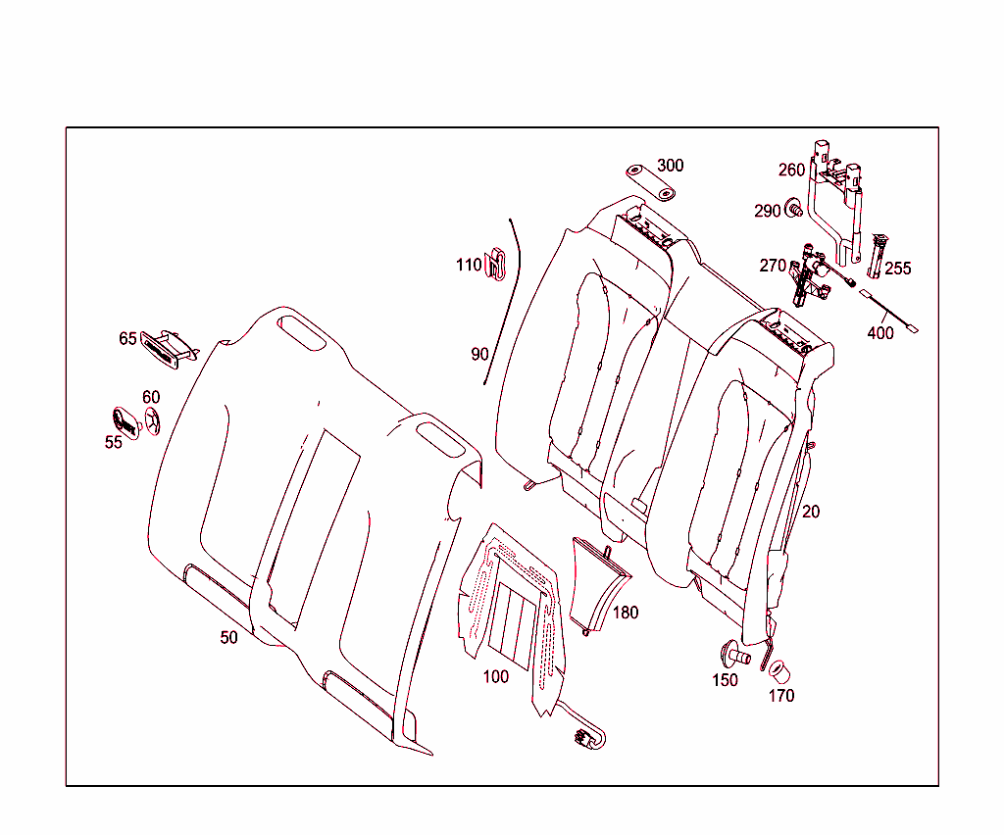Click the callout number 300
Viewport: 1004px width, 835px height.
(x=671, y=166)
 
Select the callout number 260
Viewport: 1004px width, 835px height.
(x=791, y=171)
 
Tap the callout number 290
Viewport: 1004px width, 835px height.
(x=768, y=212)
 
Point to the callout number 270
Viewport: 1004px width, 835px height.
(x=773, y=266)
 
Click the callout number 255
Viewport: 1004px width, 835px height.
(x=897, y=269)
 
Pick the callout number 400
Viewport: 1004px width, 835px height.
(x=880, y=333)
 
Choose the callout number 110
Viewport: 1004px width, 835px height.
(x=469, y=266)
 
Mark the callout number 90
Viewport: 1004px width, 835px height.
(x=479, y=355)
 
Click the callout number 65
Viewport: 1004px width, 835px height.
(x=128, y=339)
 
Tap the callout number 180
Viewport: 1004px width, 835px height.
(x=626, y=614)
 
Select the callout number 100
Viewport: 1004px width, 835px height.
(x=496, y=677)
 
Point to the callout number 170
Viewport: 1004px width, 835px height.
(x=781, y=696)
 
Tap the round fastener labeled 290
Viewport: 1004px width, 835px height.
(x=795, y=208)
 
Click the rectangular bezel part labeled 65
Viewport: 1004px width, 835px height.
(x=167, y=348)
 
